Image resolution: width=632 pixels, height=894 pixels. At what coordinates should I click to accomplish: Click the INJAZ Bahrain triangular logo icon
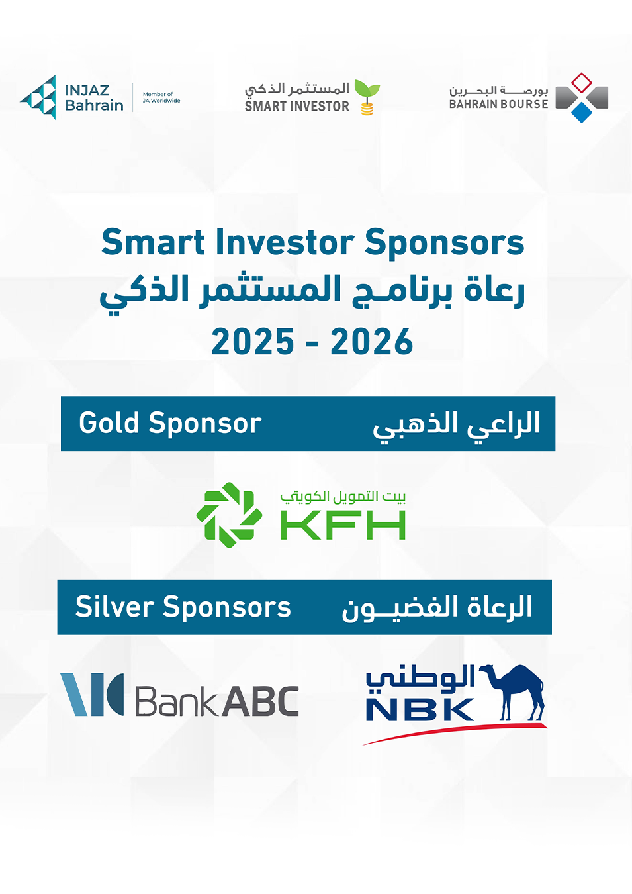pos(38,97)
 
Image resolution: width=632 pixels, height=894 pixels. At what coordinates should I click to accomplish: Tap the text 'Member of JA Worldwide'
pos(161,97)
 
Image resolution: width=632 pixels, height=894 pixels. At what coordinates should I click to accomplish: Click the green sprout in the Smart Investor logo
pos(367,89)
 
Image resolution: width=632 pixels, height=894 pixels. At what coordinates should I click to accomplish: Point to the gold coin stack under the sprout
pos(367,109)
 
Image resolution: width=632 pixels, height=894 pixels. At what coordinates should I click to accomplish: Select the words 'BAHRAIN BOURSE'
pos(498,104)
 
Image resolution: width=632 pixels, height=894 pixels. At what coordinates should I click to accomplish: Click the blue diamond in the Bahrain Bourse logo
pos(582,112)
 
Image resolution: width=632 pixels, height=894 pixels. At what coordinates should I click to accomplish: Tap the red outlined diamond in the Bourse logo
pos(582,83)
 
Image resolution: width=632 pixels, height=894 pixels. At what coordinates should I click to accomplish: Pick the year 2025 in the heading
pos(253,341)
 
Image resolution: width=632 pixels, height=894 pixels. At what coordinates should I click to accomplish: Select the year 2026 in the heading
pos(372,341)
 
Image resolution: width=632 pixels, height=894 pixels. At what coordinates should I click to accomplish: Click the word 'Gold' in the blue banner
pos(109,422)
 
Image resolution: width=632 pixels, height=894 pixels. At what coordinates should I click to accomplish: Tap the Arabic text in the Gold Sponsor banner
pos(456,425)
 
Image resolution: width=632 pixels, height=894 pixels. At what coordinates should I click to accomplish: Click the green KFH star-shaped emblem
pos(229,515)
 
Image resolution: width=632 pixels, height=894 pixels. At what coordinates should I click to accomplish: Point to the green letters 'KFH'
pos(343,525)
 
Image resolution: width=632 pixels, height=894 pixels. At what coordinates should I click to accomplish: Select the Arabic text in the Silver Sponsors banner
pos(437,608)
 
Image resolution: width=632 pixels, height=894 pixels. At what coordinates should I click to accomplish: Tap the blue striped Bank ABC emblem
pos(92,695)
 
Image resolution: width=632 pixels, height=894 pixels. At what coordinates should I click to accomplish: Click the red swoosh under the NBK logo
pos(455,733)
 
